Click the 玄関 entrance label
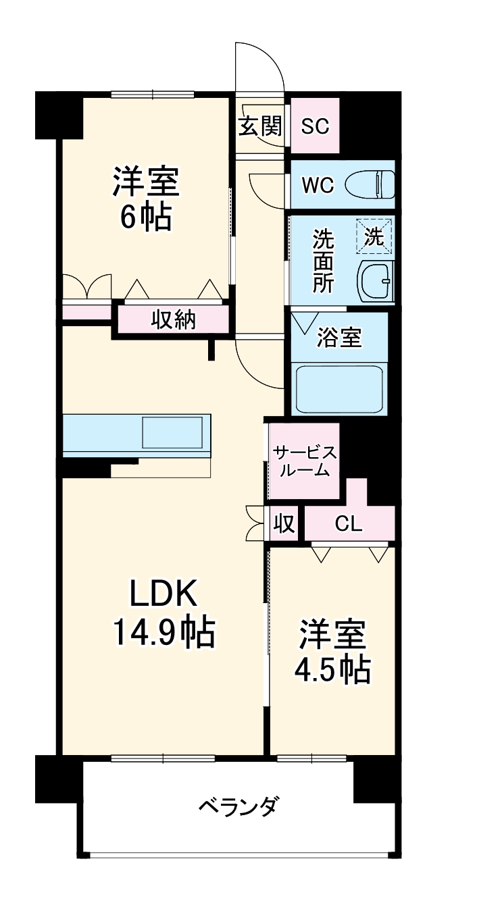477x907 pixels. coord(259,126)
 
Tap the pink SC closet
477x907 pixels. coord(314,126)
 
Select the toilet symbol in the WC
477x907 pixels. coord(370,184)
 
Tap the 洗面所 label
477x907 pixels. coord(322,260)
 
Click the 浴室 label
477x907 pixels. coord(339,338)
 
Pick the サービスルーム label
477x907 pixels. coord(303,461)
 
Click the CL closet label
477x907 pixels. coord(349,524)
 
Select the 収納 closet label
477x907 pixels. coord(173,319)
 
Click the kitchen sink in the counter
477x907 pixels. coord(172,433)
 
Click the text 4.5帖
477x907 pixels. coord(332,669)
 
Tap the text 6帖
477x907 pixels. coord(145,217)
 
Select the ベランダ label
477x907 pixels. coord(238,806)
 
